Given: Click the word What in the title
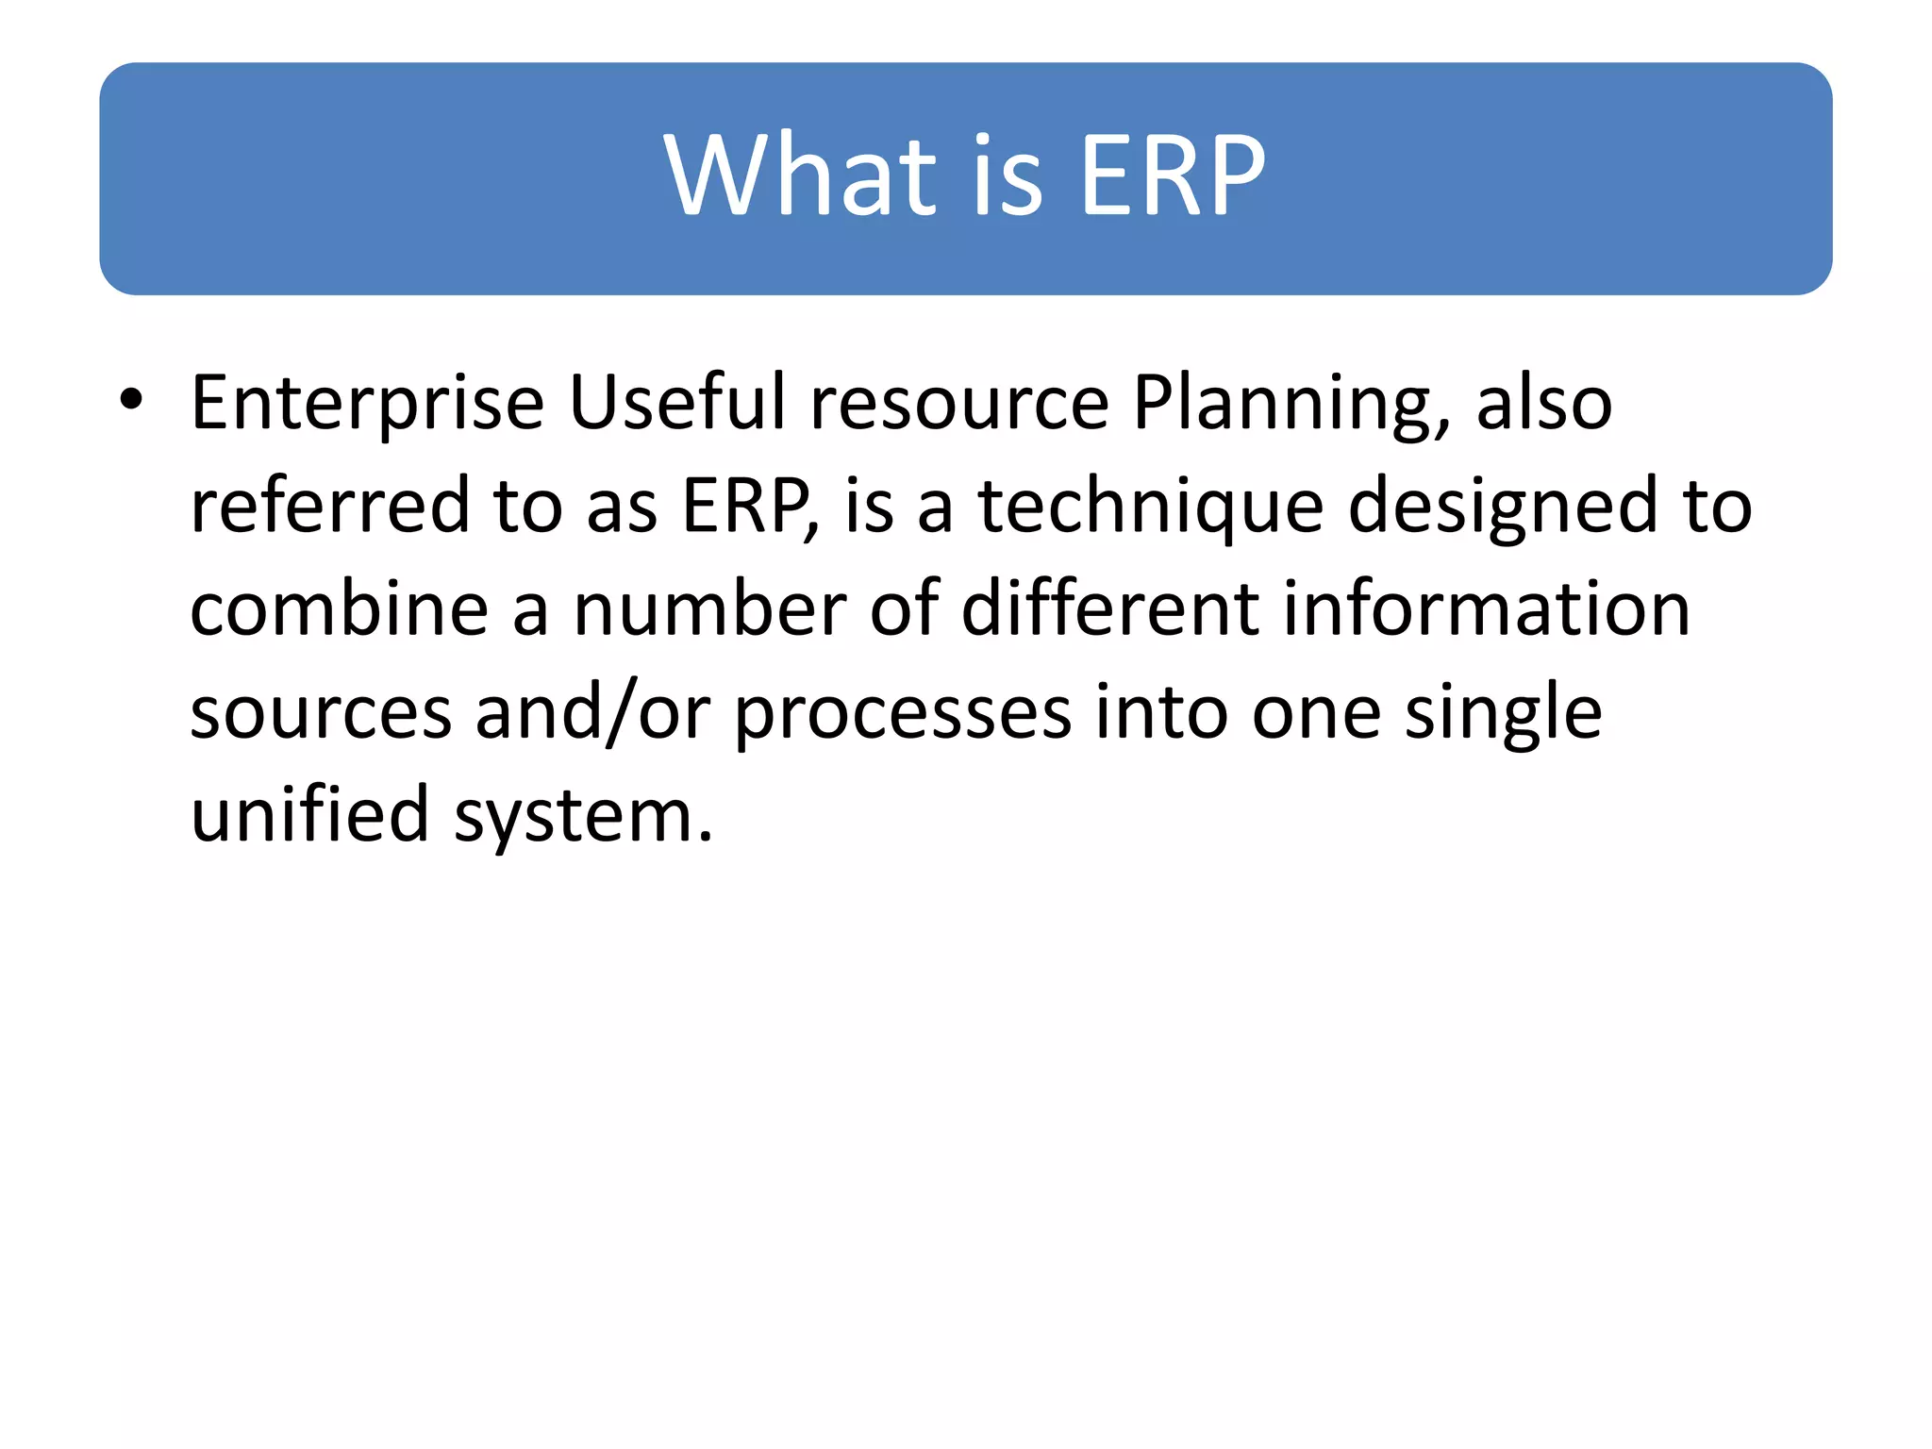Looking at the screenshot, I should (800, 175).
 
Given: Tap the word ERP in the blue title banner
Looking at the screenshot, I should (1172, 175).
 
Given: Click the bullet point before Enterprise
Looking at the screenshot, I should (131, 400).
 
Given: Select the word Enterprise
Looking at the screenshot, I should (368, 404).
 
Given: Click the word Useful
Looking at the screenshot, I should (677, 402).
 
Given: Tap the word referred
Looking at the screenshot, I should (330, 506).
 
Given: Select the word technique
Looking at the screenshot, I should (1151, 508).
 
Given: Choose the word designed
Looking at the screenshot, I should (1502, 508).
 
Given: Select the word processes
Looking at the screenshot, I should (903, 715).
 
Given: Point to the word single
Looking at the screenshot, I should (1503, 715).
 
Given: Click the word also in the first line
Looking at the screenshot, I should (1544, 404).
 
